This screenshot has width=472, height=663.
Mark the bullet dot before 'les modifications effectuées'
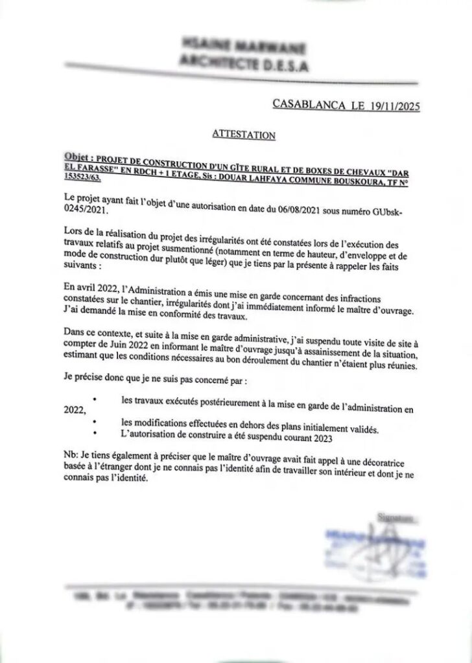coord(96,423)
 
